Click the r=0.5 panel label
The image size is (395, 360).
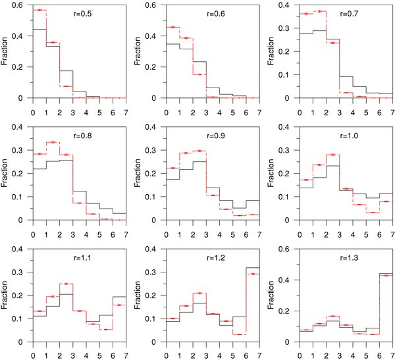coord(82,13)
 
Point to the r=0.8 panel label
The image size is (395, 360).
coord(82,134)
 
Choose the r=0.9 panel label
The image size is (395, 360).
coord(213,134)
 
